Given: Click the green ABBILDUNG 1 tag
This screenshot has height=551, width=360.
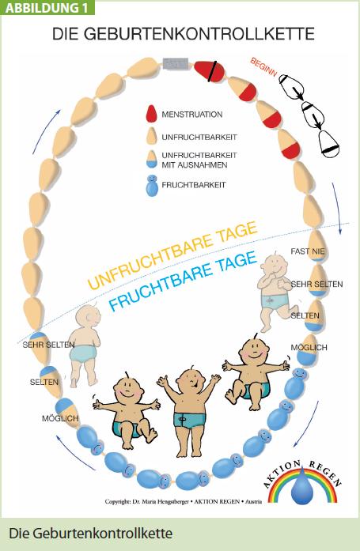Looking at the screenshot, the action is point(47,7).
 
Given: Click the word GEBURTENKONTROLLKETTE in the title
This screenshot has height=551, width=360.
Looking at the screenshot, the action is point(199,34).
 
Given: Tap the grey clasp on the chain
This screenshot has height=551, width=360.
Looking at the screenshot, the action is point(176,63).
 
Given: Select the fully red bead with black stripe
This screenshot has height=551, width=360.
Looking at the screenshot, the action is point(210,71).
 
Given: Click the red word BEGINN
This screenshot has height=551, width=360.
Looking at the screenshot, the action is point(263,66).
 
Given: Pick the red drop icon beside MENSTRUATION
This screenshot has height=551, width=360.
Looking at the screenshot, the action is point(151,114).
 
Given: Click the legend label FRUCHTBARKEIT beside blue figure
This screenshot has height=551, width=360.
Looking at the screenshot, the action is point(193,185).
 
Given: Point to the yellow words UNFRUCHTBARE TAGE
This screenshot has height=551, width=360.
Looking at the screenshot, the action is point(172,255).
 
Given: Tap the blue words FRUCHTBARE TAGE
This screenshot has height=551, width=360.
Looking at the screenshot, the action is point(183,281).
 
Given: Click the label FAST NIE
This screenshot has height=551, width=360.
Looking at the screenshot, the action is point(308,251).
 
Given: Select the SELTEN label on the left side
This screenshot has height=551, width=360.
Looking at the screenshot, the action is point(44,382).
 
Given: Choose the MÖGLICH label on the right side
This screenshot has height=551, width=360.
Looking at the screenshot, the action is point(309,348).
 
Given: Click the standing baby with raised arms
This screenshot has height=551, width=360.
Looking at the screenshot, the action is point(190,411).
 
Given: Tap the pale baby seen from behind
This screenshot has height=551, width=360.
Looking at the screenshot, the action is point(85,346).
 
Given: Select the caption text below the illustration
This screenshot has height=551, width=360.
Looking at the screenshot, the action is point(91,534).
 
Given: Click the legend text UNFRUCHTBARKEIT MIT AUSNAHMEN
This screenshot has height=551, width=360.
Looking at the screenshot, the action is point(199,160).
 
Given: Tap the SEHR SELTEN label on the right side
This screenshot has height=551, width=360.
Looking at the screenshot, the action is point(316,284).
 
